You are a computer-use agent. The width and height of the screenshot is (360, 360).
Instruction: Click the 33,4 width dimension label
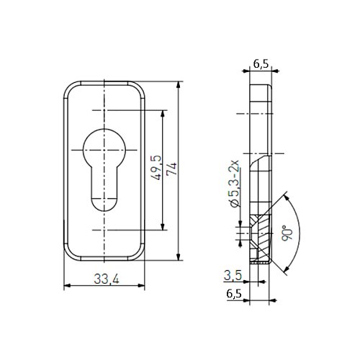coord(107,279)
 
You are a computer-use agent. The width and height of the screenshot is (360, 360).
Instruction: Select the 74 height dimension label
coord(172,169)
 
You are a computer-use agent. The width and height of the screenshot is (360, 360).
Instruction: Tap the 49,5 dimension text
coord(156,168)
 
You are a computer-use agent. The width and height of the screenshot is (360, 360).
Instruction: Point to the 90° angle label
coord(287,233)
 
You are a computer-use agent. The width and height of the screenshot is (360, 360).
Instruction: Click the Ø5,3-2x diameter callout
coord(234,184)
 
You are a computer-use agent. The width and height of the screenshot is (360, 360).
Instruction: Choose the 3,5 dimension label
coord(233,275)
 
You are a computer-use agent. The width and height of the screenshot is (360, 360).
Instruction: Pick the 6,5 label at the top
coord(261,63)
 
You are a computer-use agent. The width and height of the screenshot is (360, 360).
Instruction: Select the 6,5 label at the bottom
coord(234,294)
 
